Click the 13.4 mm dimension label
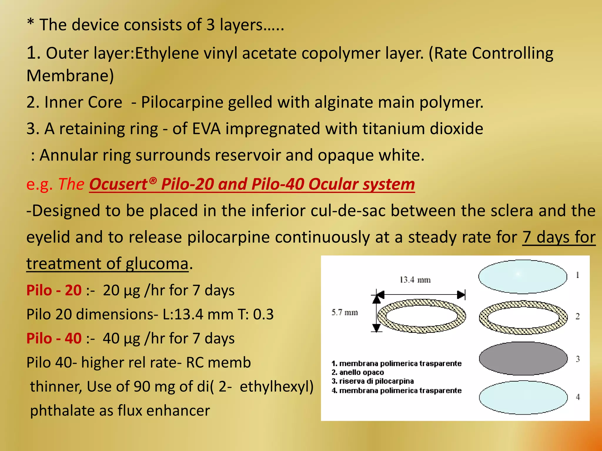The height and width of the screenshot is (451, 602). [415, 280]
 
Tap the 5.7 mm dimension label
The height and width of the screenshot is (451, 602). [345, 312]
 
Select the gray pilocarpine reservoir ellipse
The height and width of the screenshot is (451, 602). [523, 358]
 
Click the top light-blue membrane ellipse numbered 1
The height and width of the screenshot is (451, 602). [522, 277]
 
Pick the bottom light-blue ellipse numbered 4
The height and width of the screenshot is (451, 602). [523, 397]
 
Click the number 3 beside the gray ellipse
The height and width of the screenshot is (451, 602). [578, 359]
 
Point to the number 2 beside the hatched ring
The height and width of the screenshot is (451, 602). [577, 317]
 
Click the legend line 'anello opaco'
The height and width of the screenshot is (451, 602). [358, 372]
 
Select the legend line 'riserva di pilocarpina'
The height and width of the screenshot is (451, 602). [373, 381]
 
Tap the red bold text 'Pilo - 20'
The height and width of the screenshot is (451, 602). [54, 290]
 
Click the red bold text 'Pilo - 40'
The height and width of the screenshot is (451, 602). [54, 338]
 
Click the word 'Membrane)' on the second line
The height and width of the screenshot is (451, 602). [70, 76]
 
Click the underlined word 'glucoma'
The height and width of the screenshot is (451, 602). [157, 264]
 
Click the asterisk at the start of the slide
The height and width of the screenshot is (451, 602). [30, 23]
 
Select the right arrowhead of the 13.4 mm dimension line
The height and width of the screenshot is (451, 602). [461, 295]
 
